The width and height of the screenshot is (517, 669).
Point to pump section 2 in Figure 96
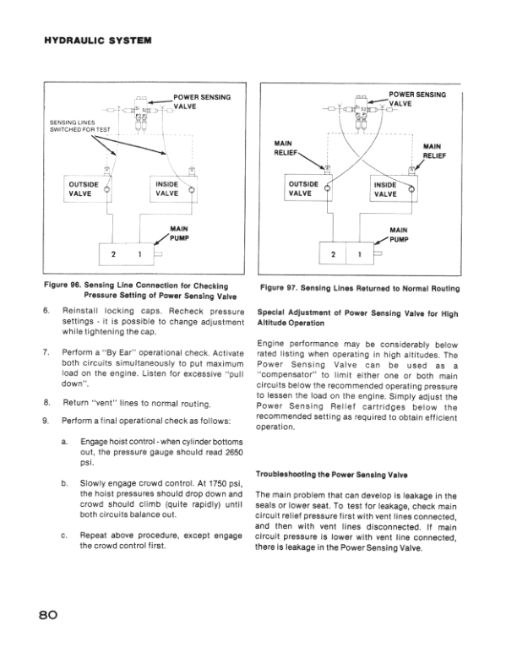tap(112, 254)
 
